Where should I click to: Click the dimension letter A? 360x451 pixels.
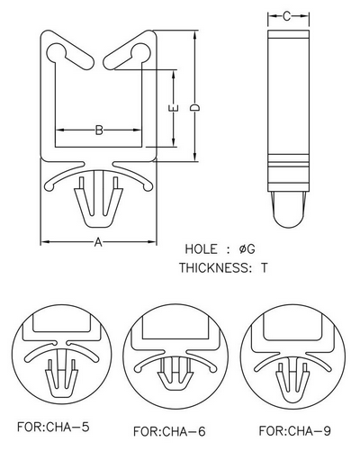coord(98,242)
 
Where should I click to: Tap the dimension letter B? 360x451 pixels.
coord(99,131)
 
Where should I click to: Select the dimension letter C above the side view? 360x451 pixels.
coord(287,16)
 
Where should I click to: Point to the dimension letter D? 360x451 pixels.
coord(195,108)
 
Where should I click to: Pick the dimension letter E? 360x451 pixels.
coord(175,109)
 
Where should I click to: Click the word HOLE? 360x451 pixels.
coord(201,249)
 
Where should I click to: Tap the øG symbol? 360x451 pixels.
coord(247,249)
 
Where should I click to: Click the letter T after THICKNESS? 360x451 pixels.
coord(264,267)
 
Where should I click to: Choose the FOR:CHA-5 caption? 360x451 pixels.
coord(53,427)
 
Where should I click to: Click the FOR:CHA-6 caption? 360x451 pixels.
coord(169,431)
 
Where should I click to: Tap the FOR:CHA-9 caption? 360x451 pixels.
coord(295,431)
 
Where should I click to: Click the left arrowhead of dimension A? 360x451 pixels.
coord(45,242)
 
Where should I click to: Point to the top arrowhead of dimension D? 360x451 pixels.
coord(195,34)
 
